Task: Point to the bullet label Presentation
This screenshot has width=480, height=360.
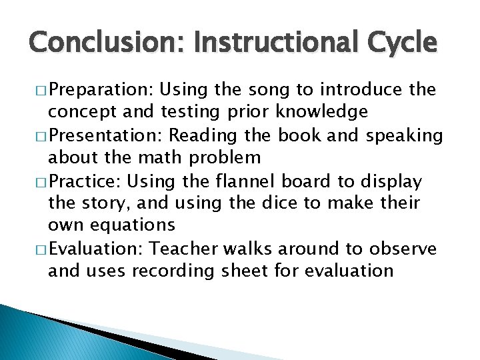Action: (107, 135)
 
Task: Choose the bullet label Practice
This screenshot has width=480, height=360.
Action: (91, 181)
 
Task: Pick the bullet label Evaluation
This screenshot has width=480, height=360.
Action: (97, 249)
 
